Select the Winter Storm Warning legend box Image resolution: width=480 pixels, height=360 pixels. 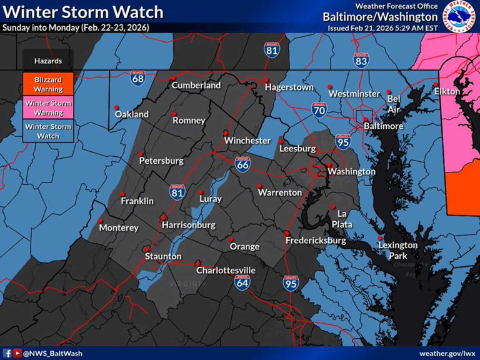pos(48,107)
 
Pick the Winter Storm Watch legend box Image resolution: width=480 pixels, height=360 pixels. pos(48,131)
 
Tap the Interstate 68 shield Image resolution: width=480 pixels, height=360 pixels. pos(139,78)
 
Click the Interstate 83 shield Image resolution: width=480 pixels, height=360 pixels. pos(361,60)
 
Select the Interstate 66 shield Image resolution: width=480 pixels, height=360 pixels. pos(243,164)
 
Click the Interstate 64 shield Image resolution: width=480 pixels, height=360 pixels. pos(243,282)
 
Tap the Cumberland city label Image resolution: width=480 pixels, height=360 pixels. pos(196,85)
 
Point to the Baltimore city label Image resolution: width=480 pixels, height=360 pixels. pos(384,126)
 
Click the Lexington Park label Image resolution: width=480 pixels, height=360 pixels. pos(397,250)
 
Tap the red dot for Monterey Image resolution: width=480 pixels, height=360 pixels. pos(101,221)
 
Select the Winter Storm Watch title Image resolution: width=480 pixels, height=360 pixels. pos(83,11)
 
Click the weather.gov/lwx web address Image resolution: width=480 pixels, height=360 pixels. pos(447,353)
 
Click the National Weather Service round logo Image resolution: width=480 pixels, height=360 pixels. pos(459,17)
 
